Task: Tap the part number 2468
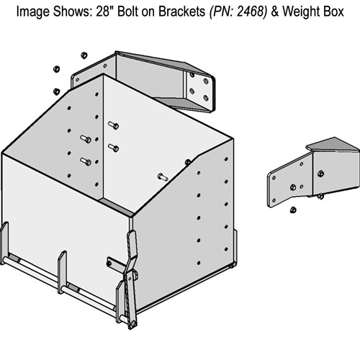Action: pyautogui.click(x=251, y=12)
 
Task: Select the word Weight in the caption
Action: pyautogui.click(x=301, y=12)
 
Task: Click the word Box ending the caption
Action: pyautogui.click(x=333, y=12)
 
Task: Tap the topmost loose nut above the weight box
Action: pyautogui.click(x=84, y=55)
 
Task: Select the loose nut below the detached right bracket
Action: pyautogui.click(x=293, y=210)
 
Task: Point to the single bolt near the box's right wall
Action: pyautogui.click(x=163, y=177)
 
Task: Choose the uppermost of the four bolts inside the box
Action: pyautogui.click(x=113, y=125)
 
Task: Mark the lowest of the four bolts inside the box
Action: pyautogui.click(x=86, y=161)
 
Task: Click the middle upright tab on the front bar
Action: pyautogui.click(x=62, y=271)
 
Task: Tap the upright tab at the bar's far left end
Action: pyautogui.click(x=4, y=243)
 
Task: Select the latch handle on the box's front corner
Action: pyautogui.click(x=132, y=279)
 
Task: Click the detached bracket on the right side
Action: pyautogui.click(x=314, y=172)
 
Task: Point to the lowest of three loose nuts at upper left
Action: pyautogui.click(x=56, y=91)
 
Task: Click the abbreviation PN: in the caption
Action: pyautogui.click(x=222, y=12)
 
